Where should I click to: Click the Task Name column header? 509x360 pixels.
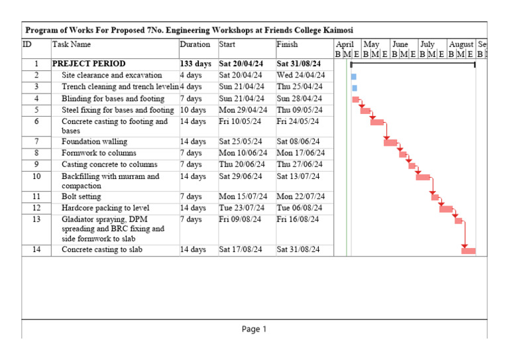tap(72, 44)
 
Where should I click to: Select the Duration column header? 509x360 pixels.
tap(195, 44)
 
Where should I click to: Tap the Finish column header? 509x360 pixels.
tap(287, 44)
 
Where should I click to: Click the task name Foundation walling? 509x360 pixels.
tap(94, 142)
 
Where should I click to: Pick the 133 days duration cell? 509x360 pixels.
tap(196, 64)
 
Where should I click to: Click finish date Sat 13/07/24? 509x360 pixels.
tap(298, 176)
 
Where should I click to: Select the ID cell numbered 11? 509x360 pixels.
tap(36, 197)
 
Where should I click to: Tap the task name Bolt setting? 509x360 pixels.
tap(82, 197)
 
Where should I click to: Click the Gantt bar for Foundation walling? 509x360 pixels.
tap(390, 143)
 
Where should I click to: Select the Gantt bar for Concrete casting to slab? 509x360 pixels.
tap(469, 251)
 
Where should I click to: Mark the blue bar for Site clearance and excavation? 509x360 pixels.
tap(354, 77)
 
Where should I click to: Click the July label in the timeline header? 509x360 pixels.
tap(427, 44)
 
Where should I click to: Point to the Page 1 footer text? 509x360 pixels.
tap(254, 330)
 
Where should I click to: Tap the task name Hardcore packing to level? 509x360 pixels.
tap(105, 208)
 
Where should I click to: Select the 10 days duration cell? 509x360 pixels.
tap(194, 110)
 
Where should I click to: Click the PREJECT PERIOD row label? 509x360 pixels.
tap(89, 64)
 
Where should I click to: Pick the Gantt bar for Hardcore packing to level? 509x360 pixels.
tap(446, 209)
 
